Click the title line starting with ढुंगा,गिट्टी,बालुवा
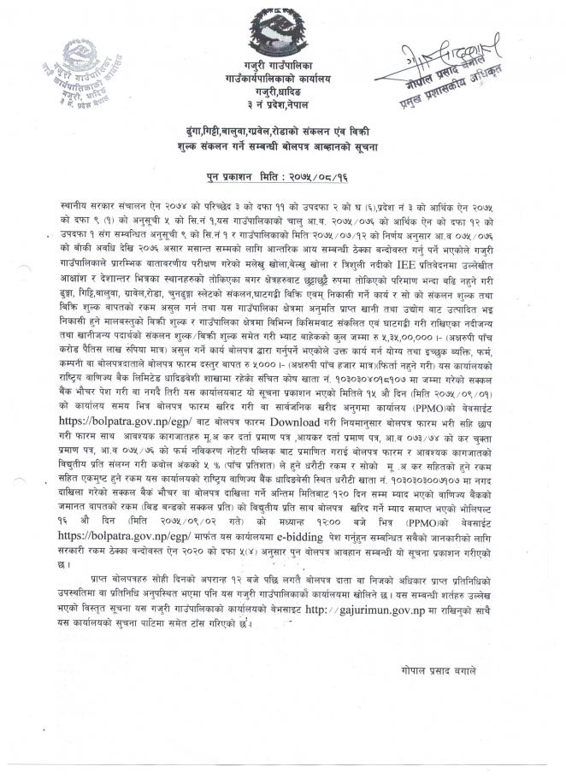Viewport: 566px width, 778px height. pos(282,136)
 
